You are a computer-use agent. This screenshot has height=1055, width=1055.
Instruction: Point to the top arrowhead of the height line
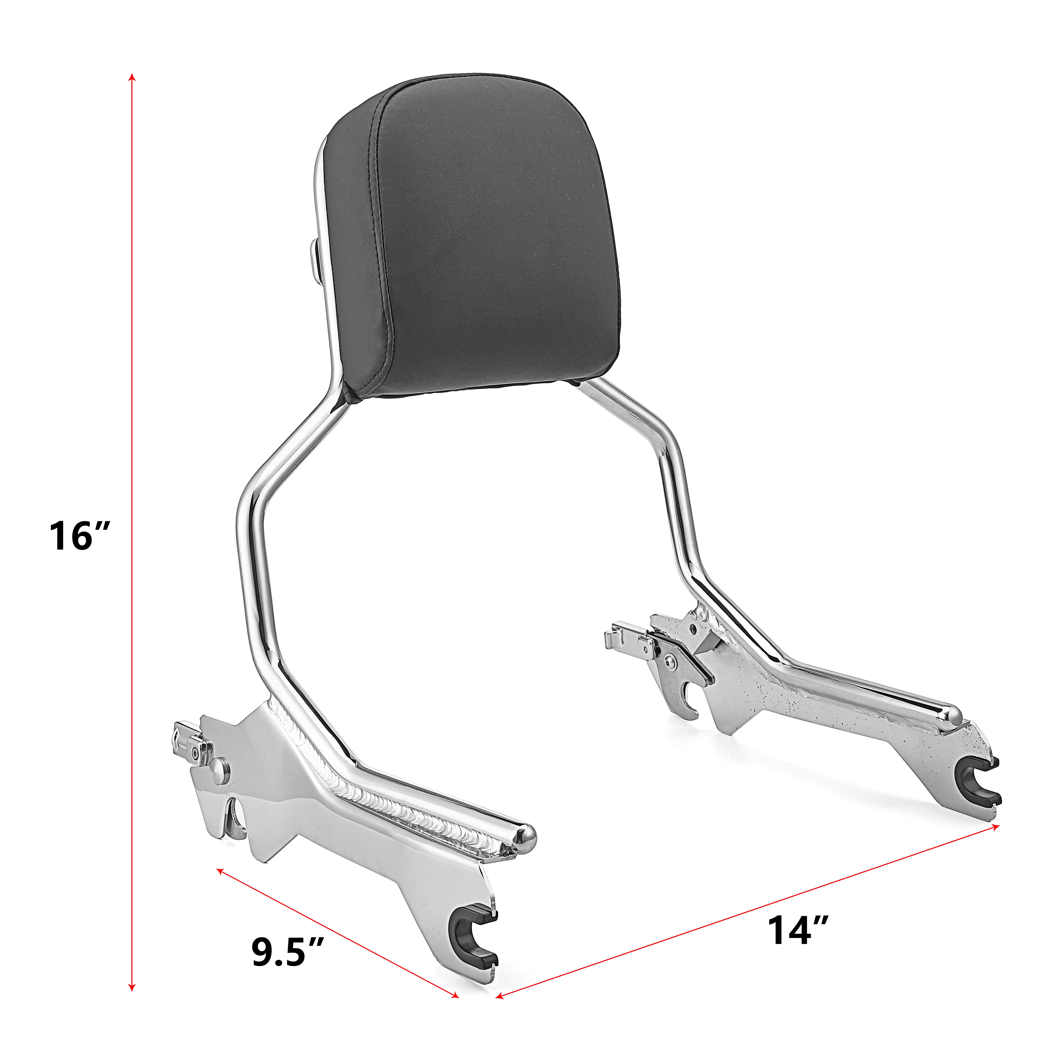coord(131,76)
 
